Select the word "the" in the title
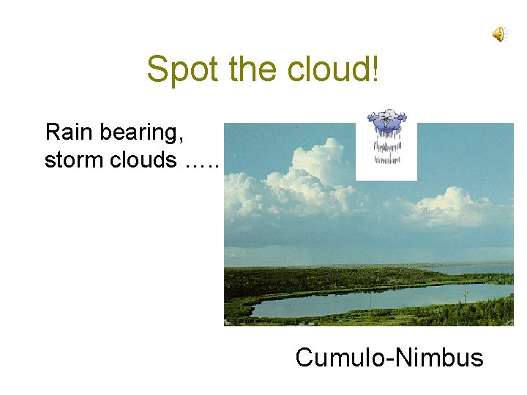click(249, 69)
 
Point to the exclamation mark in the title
click(375, 69)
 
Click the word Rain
click(67, 132)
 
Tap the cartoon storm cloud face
click(386, 118)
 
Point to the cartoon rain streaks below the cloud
click(386, 146)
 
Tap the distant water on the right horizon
click(483, 268)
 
